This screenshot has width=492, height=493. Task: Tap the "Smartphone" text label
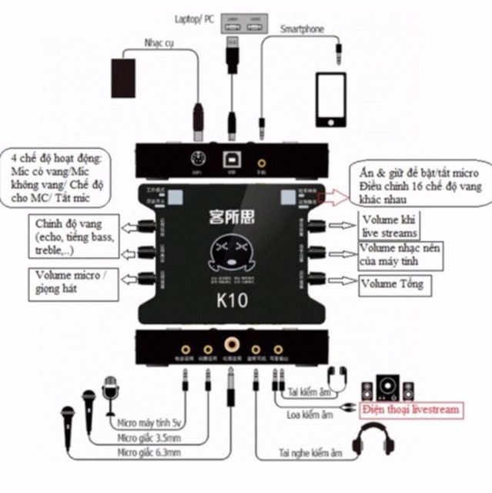pos(302,29)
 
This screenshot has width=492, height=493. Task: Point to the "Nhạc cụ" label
pos(159,44)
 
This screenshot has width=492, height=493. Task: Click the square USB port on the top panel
pos(231,162)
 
